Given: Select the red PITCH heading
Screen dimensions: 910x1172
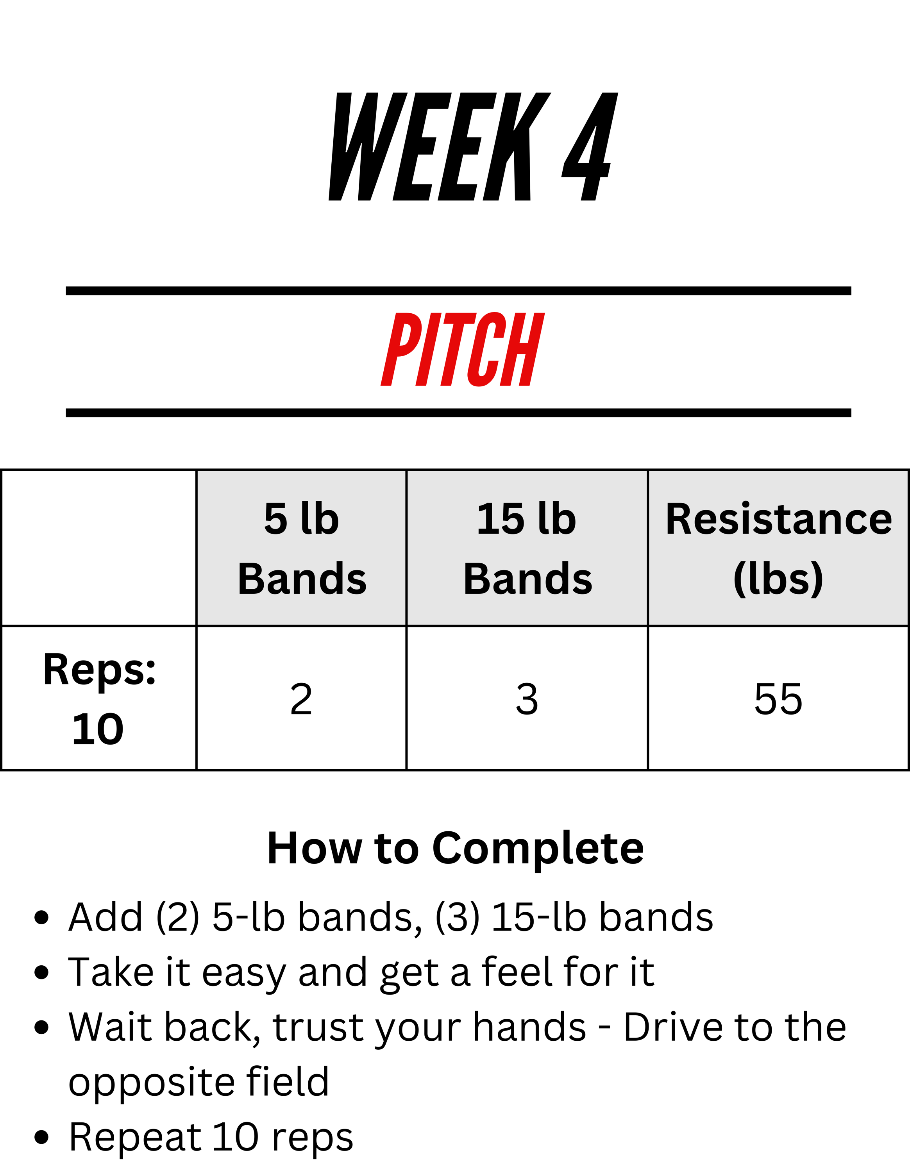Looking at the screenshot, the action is pos(463,349).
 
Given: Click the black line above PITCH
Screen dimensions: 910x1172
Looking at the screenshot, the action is pos(458,291).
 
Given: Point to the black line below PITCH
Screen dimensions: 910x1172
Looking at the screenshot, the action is pos(458,413).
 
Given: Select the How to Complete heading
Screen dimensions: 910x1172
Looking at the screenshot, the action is pos(456,849).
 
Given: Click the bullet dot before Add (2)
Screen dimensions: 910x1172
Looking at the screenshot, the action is pos(41,918).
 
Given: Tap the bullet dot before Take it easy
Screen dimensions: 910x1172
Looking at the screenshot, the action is pos(41,972).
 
